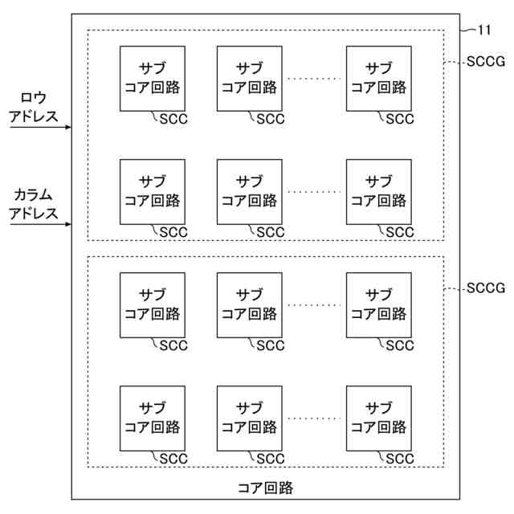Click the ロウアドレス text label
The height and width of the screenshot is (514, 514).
pos(34,107)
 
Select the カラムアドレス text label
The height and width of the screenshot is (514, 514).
pos(35,204)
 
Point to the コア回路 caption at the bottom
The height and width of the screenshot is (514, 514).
pos(265,487)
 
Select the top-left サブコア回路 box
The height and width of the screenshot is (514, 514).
pos(152,78)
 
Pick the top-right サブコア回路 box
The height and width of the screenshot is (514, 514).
pos(378,78)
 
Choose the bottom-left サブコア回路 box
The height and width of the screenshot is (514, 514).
pos(152,418)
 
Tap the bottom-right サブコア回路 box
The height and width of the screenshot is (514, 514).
pos(378,418)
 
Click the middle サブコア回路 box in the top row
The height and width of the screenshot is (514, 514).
pos(249,78)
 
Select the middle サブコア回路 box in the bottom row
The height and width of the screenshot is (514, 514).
pos(249,418)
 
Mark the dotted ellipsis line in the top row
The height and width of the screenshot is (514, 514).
pos(314,79)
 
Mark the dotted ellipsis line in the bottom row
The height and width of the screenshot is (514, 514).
pos(314,418)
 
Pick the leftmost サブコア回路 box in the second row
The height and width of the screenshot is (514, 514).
pos(152,191)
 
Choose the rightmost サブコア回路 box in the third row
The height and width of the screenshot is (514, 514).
pos(378,304)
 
